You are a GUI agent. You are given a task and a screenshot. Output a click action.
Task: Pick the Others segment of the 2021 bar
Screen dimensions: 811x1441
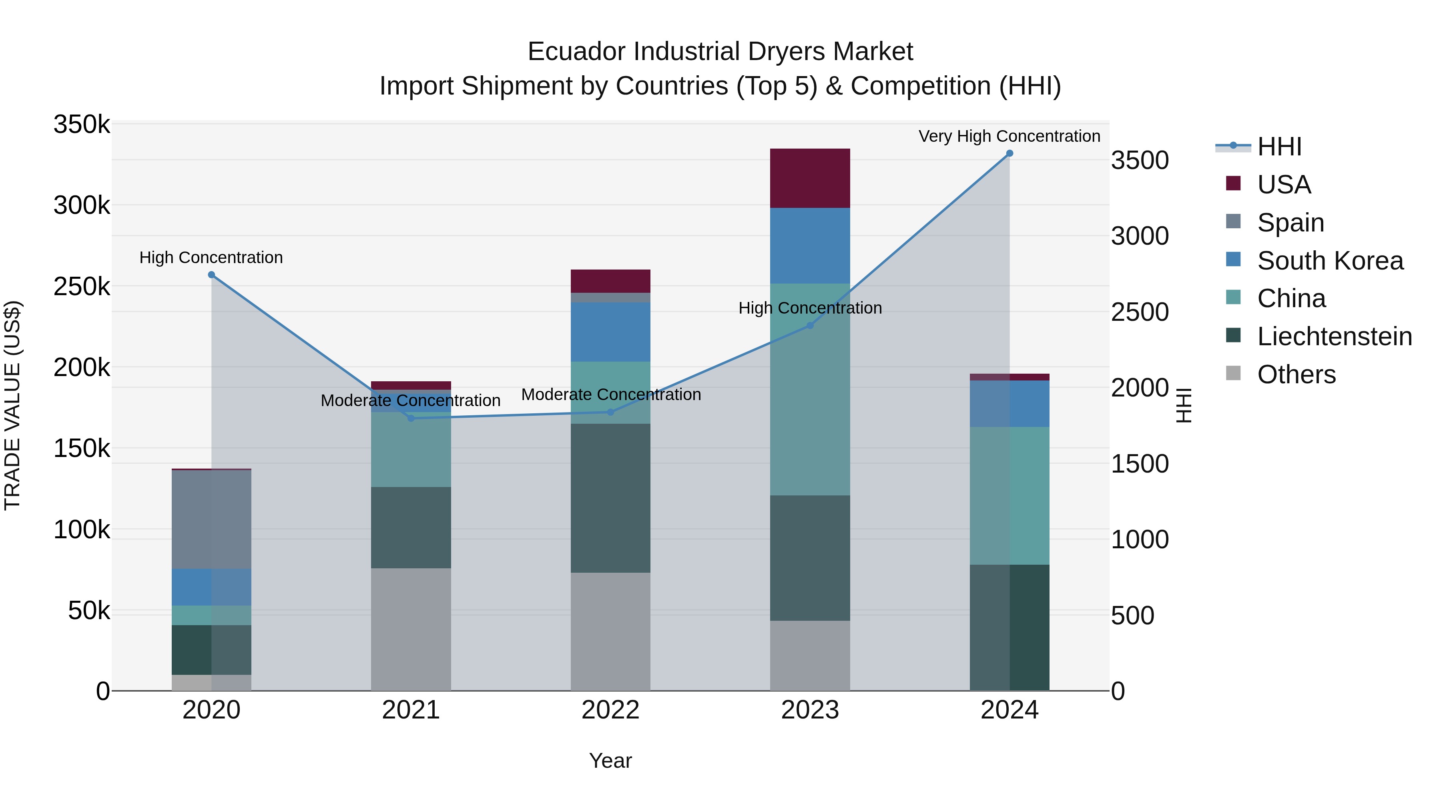point(411,629)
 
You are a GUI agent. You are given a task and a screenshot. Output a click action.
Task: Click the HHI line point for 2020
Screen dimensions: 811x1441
point(211,275)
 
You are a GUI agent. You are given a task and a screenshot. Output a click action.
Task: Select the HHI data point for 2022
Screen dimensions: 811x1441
point(610,412)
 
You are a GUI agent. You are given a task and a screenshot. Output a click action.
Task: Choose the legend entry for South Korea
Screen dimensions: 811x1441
point(1330,261)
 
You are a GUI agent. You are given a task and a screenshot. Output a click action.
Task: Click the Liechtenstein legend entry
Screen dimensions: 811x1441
point(1334,336)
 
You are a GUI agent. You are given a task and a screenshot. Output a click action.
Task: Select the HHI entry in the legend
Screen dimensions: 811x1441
point(1279,147)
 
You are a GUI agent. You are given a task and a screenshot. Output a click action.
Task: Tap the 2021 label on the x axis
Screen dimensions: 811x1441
point(411,710)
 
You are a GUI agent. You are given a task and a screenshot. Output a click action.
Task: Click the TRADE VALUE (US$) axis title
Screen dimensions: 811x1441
point(12,405)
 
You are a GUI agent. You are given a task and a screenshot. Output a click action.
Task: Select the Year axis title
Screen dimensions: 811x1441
point(610,761)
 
